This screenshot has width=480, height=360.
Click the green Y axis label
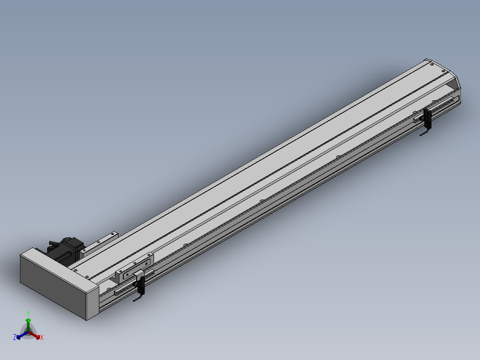[x=28, y=313]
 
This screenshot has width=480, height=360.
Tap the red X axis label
[x=42, y=337]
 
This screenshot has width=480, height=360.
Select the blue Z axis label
[x=15, y=337]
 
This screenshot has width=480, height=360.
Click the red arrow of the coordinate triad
[x=35, y=335]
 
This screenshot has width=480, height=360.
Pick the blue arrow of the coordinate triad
[x=22, y=335]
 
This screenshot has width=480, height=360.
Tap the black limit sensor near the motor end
[x=141, y=285]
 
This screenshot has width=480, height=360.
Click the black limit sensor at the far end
[x=427, y=118]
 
